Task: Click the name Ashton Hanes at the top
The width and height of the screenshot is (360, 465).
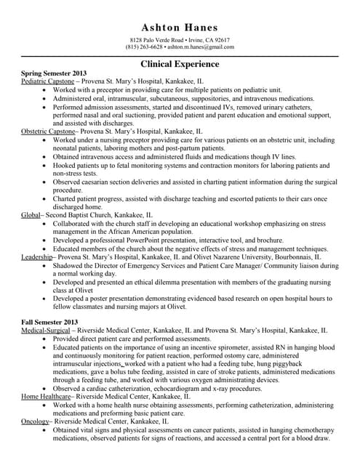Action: [x=180, y=27]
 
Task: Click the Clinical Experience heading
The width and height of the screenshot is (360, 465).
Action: [x=180, y=64]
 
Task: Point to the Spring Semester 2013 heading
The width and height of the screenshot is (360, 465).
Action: [x=54, y=74]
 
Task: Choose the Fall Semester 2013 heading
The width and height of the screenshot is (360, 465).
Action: [x=49, y=320]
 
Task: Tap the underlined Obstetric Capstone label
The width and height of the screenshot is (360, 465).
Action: [x=48, y=132]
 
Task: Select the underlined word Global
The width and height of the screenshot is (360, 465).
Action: [x=31, y=216]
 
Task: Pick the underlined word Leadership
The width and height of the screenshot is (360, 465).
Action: [x=36, y=256]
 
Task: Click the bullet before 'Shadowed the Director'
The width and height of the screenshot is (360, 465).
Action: [x=47, y=265]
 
